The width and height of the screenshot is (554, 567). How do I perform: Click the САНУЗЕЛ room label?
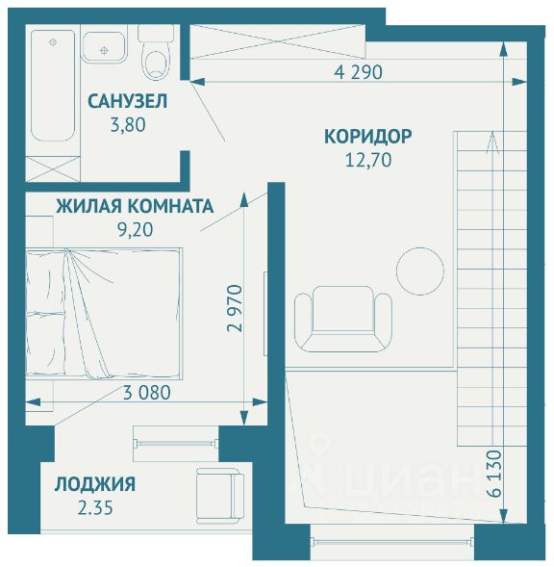128,101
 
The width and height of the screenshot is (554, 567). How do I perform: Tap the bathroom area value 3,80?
128,125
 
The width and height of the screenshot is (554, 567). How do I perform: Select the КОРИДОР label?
367,137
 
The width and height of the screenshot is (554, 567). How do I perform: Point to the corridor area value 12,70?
368,160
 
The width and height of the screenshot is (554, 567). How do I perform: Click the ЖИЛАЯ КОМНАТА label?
135,206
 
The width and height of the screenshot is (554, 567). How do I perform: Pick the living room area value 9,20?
136,229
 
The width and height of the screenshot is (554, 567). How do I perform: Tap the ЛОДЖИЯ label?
95,484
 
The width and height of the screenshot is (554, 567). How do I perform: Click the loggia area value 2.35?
95,507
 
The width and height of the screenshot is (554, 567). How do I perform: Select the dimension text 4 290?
358,72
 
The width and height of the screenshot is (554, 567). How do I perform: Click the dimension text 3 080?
147,393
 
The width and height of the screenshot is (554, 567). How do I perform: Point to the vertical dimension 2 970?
235,308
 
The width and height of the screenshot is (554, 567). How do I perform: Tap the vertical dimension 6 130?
494,474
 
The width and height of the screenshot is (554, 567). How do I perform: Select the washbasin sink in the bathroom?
104,47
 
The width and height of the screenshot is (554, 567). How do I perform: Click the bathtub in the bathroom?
53,86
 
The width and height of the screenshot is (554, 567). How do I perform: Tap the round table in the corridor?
420,271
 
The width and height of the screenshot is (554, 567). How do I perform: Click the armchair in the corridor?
343,319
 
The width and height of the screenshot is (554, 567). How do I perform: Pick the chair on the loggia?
220,496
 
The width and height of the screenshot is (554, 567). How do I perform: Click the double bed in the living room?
103,314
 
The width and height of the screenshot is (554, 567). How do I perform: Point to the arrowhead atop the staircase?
492,142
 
